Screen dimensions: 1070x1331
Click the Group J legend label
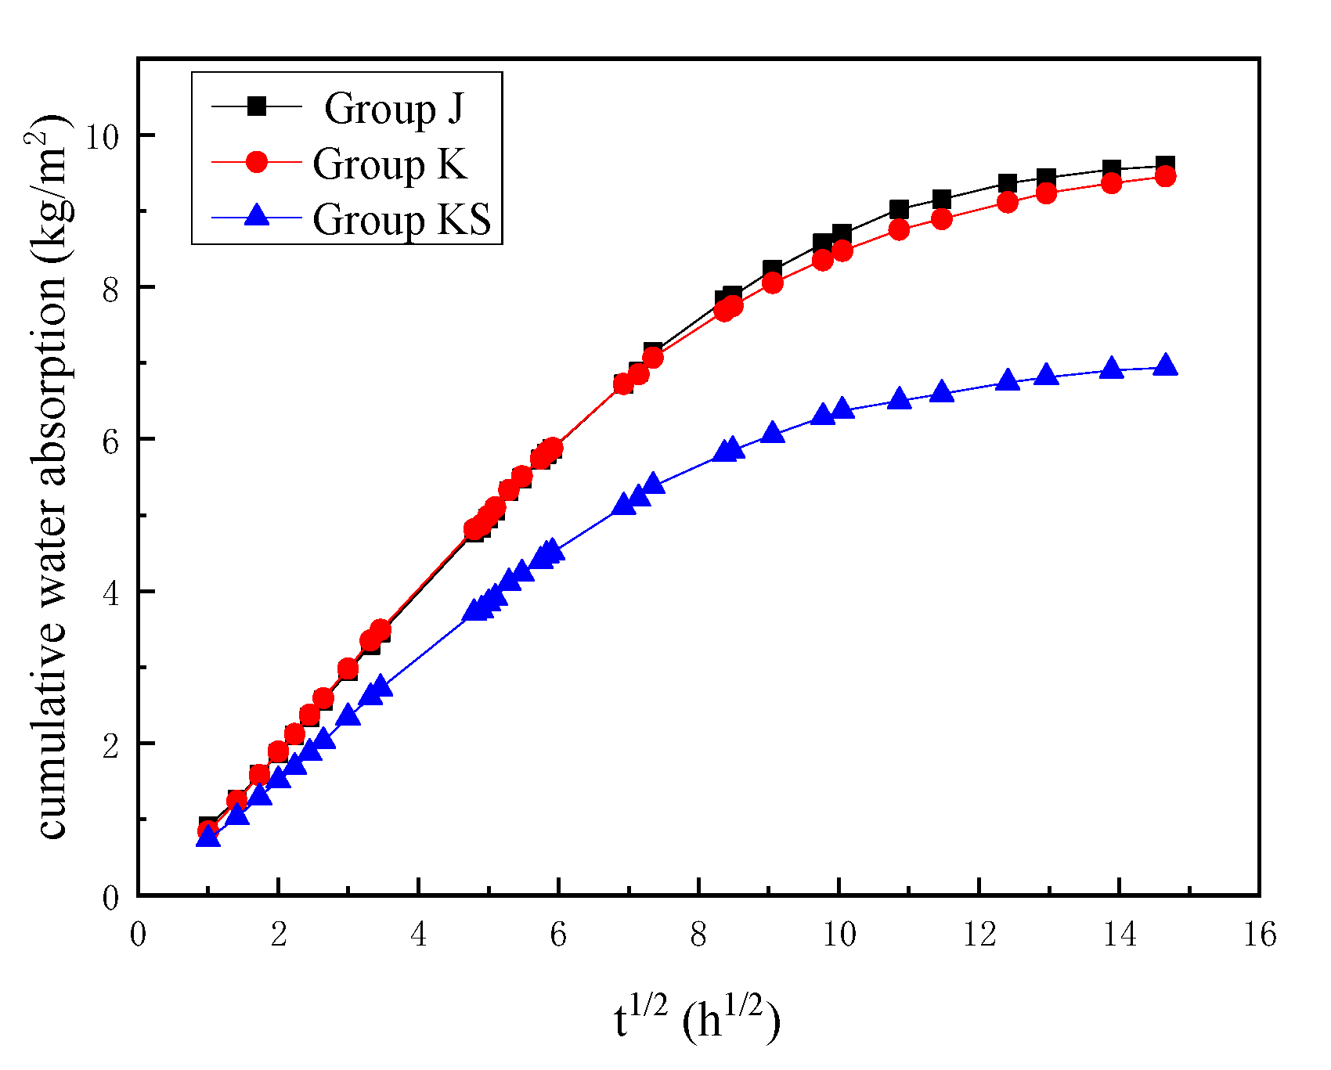tap(394, 108)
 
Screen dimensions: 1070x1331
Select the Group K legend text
tap(389, 164)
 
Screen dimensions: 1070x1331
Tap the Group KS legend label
tap(402, 218)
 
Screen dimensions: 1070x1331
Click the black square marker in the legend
tap(257, 106)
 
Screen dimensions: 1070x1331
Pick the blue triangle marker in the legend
tap(257, 214)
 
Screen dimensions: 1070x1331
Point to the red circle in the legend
tap(257, 161)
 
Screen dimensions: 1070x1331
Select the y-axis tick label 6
tap(111, 441)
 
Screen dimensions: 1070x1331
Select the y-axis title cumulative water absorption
tap(53, 477)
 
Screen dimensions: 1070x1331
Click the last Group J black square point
tap(1165, 165)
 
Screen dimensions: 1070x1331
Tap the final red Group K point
tap(1165, 177)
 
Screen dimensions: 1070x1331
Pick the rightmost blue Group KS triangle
tap(1165, 365)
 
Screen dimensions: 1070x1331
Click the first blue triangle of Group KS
tap(207, 836)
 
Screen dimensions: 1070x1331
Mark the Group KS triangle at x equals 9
tap(773, 433)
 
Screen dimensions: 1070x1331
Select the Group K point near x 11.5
tap(942, 219)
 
